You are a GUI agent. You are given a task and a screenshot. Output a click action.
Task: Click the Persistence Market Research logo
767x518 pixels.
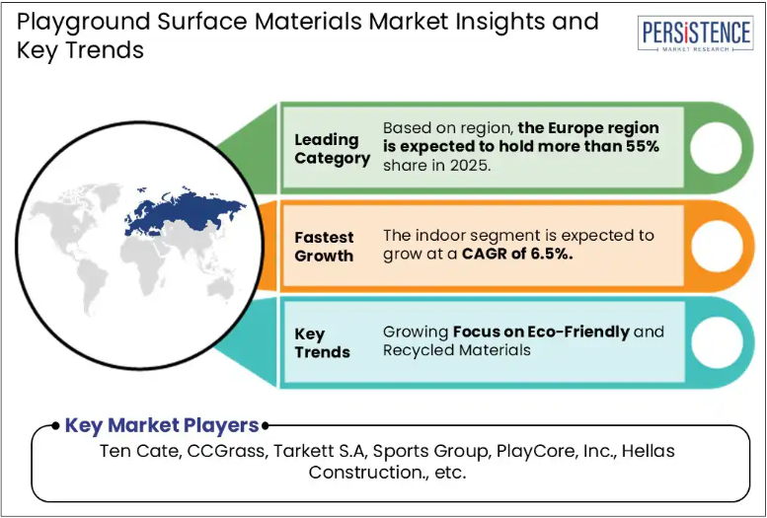point(695,34)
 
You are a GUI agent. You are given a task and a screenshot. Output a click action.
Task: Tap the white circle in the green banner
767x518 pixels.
point(716,148)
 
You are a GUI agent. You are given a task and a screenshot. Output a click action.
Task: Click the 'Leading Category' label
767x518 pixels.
point(332,149)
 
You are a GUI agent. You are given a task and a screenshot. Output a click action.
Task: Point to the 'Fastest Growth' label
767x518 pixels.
point(324,247)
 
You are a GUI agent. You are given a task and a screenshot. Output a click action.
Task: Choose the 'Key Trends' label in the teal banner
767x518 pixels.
point(323,343)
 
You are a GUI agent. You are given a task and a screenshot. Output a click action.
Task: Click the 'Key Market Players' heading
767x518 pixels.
point(162,425)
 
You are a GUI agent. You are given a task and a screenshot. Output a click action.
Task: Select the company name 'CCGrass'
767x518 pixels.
point(225,451)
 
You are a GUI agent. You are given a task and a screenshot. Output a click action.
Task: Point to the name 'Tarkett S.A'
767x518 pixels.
point(320,451)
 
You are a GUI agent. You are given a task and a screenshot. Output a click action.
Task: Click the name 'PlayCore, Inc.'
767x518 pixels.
point(555,451)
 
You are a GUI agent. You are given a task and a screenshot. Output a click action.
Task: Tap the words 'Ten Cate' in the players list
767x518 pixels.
point(139,451)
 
